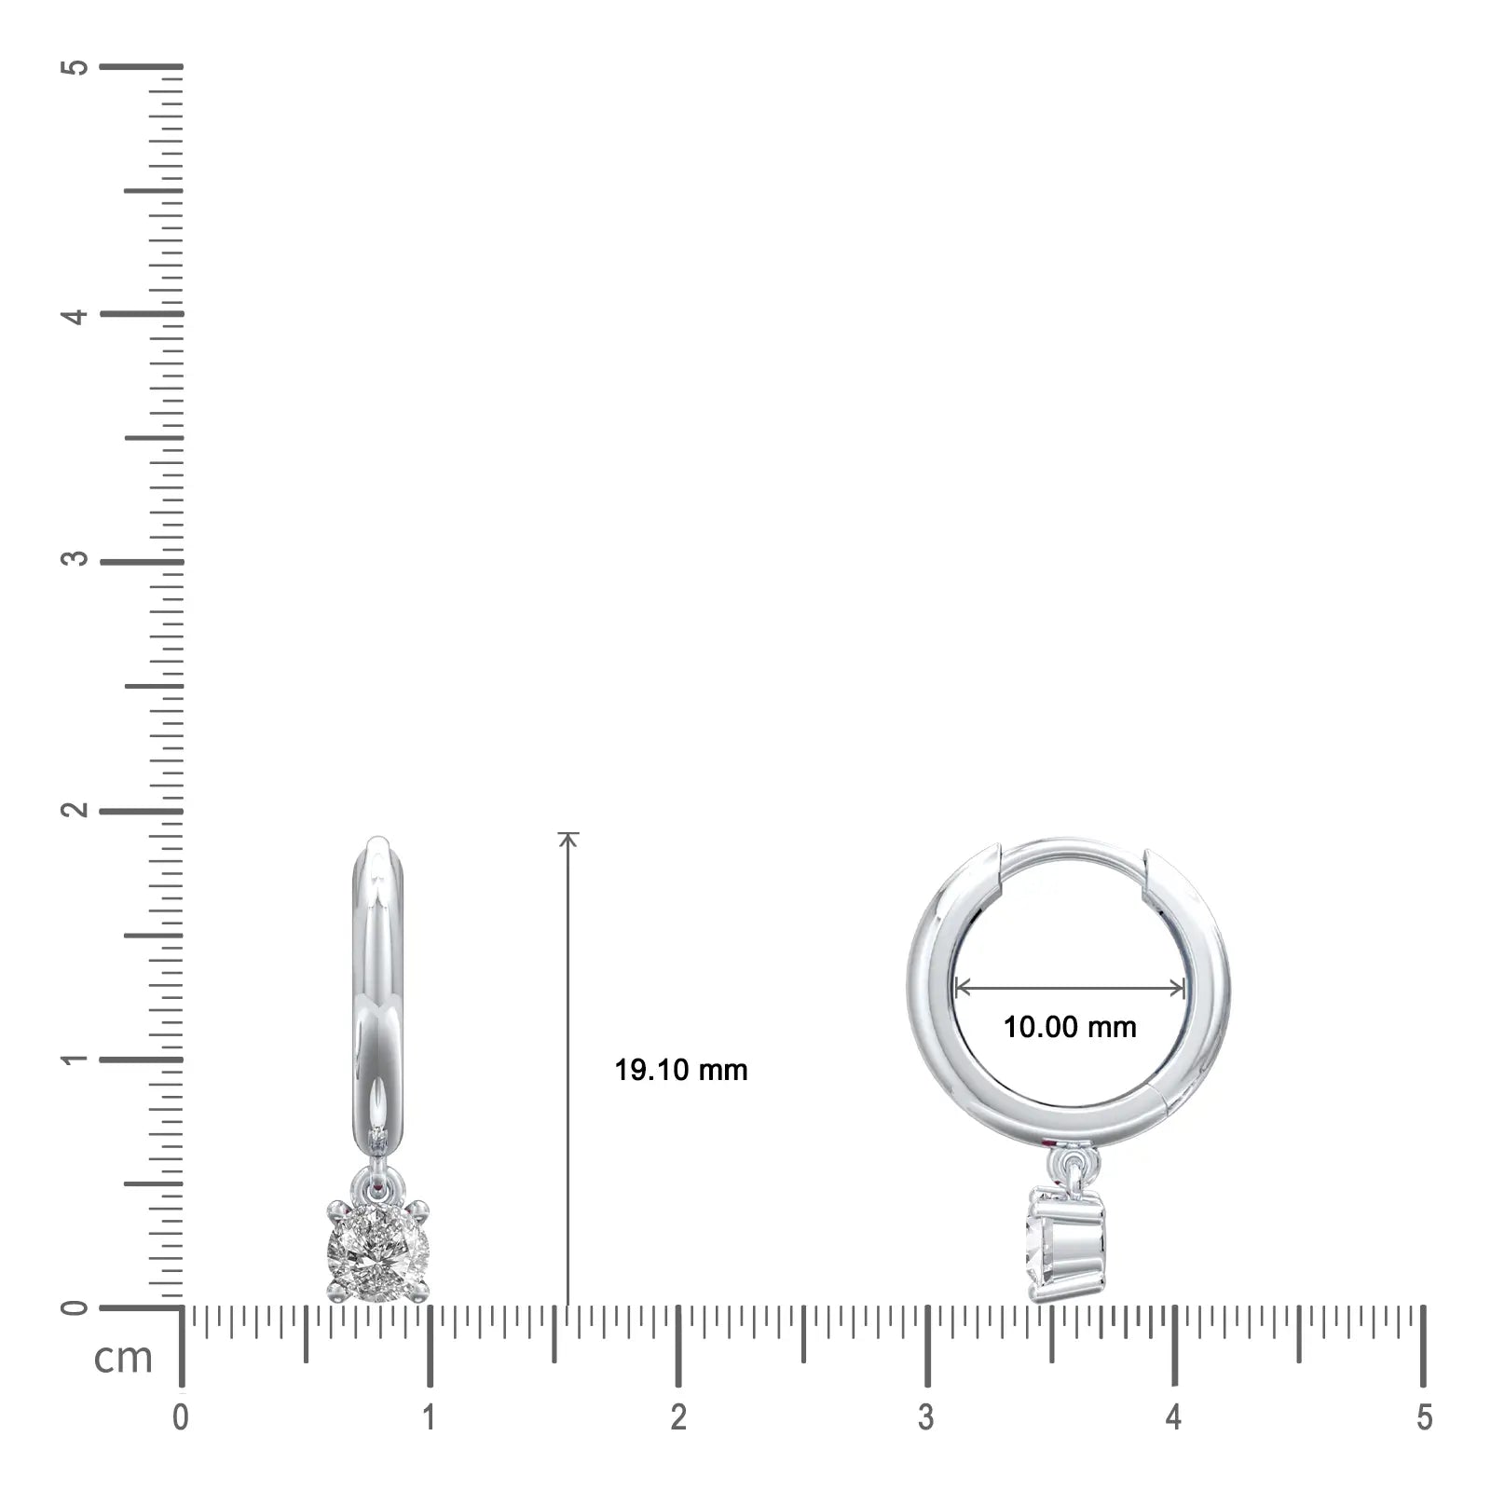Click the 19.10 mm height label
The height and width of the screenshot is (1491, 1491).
point(681,1070)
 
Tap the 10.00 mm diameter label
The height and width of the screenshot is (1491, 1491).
point(1070,1027)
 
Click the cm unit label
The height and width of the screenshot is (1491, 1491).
point(123,1358)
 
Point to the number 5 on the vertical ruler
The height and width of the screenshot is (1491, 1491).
point(78,68)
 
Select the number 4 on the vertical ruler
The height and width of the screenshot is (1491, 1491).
point(78,315)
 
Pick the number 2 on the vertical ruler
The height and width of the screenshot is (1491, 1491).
point(78,809)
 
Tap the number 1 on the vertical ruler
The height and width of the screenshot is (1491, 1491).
point(78,1060)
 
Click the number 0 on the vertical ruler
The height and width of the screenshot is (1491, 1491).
point(78,1307)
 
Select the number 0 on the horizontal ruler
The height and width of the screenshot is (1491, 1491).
point(181,1417)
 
